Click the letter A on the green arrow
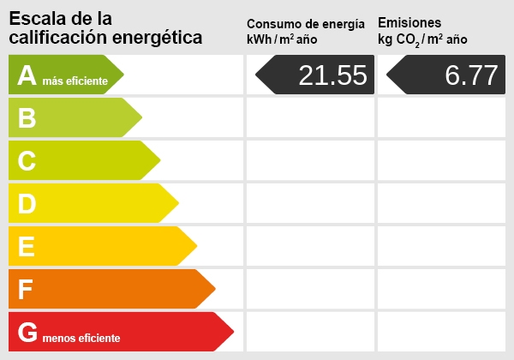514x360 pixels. click(x=27, y=75)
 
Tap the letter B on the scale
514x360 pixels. click(x=27, y=118)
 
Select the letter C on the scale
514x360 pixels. click(x=27, y=161)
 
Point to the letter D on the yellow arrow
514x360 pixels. click(x=27, y=204)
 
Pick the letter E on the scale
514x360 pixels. click(x=27, y=247)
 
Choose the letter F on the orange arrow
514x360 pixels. click(x=26, y=290)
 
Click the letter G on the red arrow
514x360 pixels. click(x=27, y=333)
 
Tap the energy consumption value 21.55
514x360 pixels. click(x=332, y=75)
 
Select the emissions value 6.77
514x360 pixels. click(x=471, y=75)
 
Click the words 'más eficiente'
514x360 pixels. click(x=75, y=81)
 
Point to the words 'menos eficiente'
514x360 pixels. click(x=82, y=338)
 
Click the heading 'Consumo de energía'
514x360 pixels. click(x=311, y=24)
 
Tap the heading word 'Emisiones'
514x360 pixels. click(x=409, y=23)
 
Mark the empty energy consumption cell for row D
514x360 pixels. click(x=310, y=203)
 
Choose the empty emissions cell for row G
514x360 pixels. click(x=441, y=331)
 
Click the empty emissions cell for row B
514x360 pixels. click(x=441, y=117)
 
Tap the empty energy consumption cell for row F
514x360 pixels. click(x=310, y=288)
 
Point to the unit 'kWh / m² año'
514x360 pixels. click(x=283, y=39)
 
